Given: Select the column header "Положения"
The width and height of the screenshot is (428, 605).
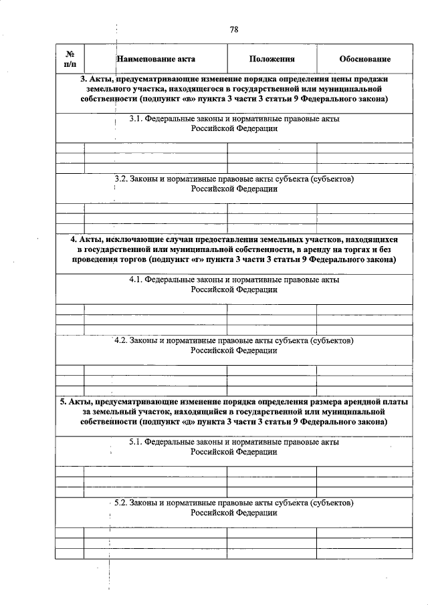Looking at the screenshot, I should pos(272,59).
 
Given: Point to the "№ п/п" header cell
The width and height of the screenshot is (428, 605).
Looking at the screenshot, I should pos(70,59).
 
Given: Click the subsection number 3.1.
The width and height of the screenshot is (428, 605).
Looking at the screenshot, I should pos(136,119).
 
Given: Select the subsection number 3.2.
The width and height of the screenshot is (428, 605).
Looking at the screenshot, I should pos(122,179).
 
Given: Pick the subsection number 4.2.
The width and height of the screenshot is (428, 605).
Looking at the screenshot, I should pos(122,340).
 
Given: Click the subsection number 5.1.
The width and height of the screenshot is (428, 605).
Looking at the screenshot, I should pos(136,442).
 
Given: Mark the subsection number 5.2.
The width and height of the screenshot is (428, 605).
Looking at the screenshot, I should pos(122,502).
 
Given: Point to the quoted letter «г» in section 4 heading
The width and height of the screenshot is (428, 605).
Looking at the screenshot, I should pos(192,260).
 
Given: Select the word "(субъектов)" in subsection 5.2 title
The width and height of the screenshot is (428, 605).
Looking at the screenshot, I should pos(331,502).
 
